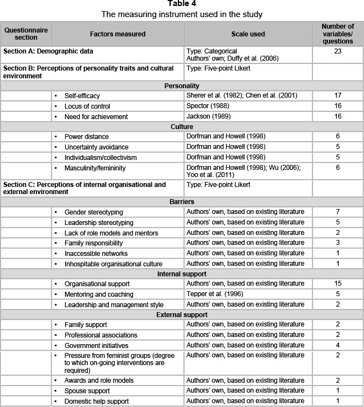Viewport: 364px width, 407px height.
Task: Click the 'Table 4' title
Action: [181, 4]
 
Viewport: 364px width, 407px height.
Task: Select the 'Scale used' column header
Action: [248, 34]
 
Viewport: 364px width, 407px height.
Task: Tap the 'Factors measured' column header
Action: [118, 34]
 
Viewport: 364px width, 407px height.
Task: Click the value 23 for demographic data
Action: [337, 51]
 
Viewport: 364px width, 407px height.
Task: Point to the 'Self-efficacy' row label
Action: [82, 95]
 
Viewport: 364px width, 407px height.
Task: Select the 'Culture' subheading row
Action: [181, 126]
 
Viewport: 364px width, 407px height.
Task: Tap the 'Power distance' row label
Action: [86, 136]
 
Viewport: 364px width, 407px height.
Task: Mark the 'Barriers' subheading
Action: [181, 202]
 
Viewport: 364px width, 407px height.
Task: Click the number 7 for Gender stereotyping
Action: [337, 212]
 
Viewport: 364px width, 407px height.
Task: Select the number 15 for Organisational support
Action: [337, 283]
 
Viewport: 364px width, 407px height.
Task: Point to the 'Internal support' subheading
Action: [181, 274]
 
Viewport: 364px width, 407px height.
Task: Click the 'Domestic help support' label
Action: [96, 401]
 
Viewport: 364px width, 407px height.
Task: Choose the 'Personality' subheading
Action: [181, 85]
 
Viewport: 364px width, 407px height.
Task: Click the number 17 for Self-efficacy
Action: [337, 95]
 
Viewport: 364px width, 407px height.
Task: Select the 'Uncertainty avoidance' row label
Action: [96, 147]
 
